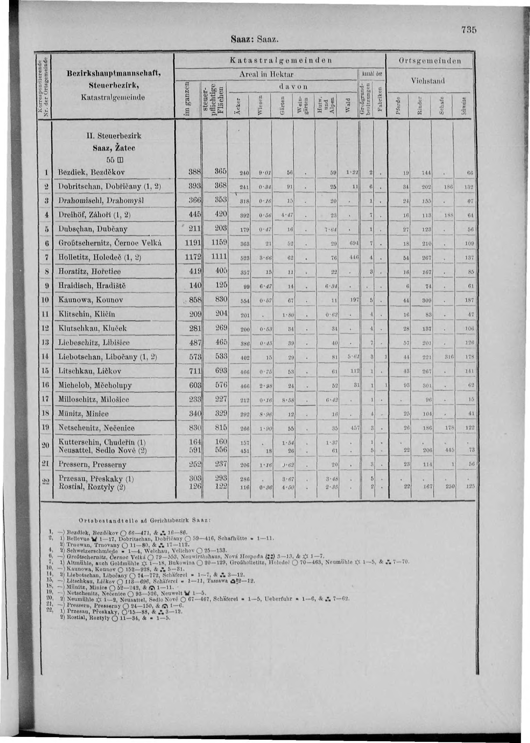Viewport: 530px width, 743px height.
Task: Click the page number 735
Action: (470, 30)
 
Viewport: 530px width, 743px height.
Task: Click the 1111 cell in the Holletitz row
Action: (219, 257)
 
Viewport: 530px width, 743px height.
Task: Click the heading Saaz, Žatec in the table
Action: (114, 148)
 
